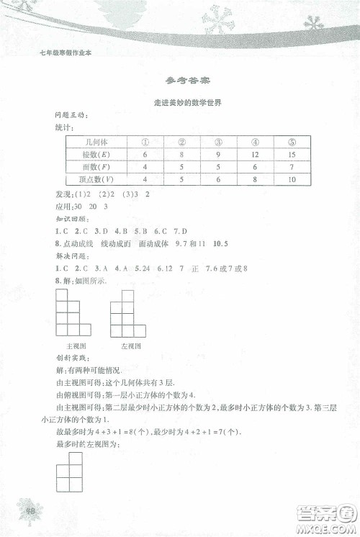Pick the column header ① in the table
(x=145, y=141)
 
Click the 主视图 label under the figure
(x=73, y=346)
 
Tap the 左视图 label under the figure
(x=130, y=346)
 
